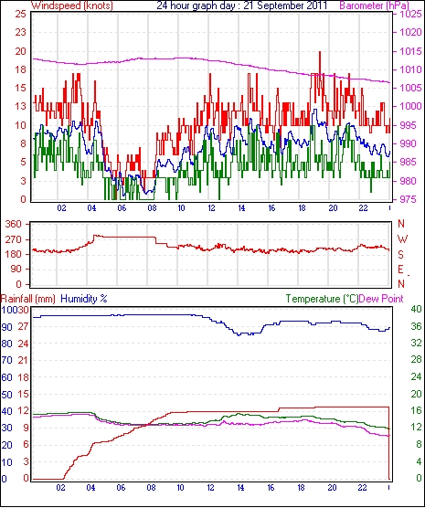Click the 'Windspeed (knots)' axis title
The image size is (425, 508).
pos(72,5)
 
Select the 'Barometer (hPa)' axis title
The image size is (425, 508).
pos(374,5)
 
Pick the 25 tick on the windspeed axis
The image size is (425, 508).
pos(20,15)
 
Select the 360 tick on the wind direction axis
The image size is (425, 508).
pos(14,224)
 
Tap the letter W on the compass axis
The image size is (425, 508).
pos(402,239)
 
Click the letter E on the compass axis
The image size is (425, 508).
pos(400,270)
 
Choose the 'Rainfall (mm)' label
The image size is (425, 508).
pos(28,299)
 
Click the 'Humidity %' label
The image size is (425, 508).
pos(84,299)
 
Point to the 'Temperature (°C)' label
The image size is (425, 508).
pos(322,299)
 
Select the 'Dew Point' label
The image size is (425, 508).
pos(381,299)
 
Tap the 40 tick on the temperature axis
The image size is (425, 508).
pos(416,309)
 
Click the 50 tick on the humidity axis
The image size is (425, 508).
pos(6,395)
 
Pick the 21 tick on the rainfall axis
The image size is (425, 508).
pos(23,360)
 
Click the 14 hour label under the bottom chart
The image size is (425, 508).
pos(240,488)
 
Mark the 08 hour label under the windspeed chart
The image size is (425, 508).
pos(152,208)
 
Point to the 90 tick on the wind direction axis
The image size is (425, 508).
pos(16,270)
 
